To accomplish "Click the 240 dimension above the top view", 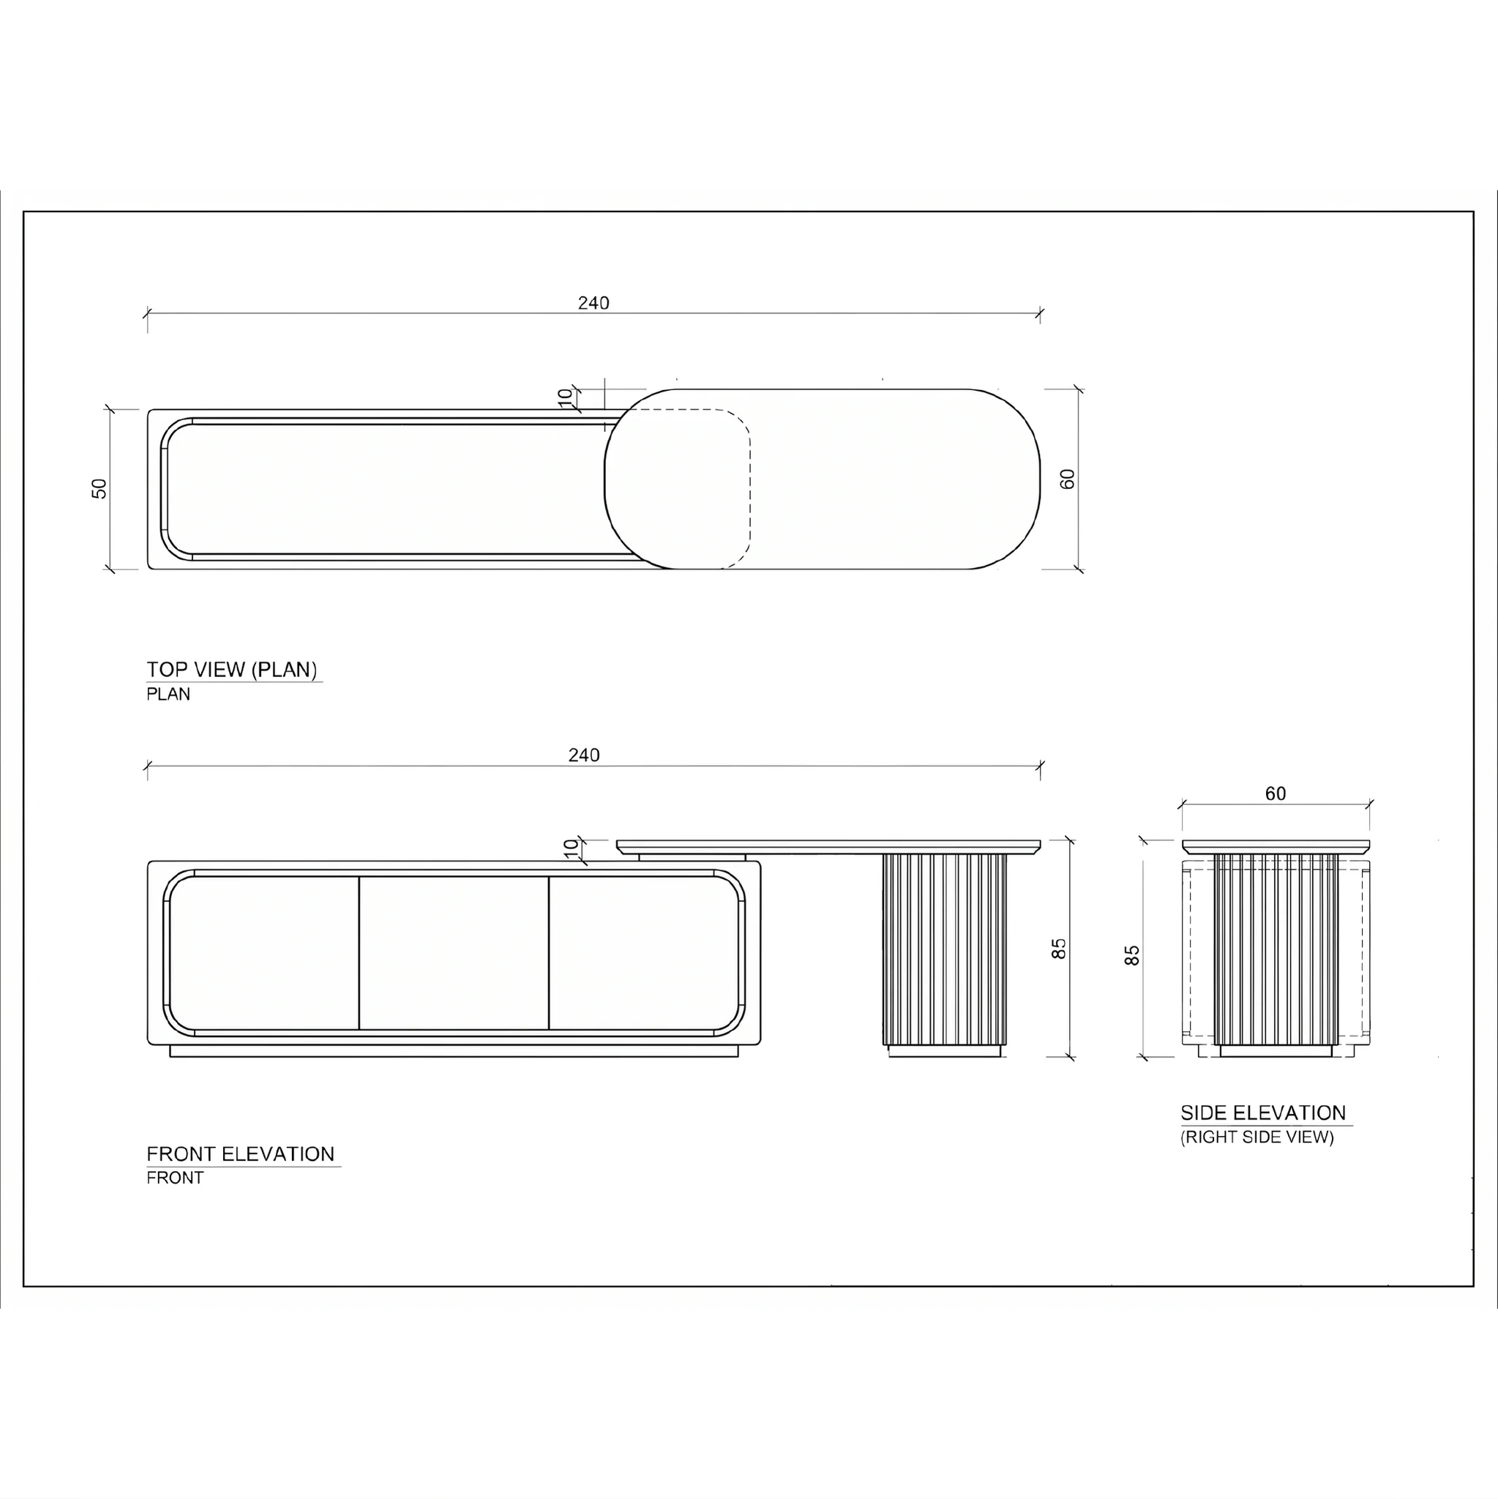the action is coord(593,302).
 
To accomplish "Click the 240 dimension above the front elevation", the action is coord(584,755).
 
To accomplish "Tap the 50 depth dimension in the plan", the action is coord(100,488).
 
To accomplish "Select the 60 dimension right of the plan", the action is coord(1068,479).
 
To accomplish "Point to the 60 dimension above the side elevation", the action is coord(1276,793).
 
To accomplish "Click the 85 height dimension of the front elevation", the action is coord(1059,949).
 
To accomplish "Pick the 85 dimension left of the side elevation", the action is coord(1132,955).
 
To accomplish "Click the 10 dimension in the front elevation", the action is coord(571,848).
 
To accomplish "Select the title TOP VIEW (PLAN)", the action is coord(232,670).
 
